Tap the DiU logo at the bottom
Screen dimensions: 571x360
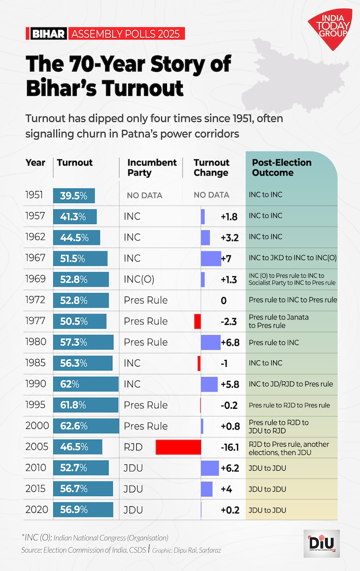click(x=322, y=543)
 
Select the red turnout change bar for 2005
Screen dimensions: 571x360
click(x=178, y=447)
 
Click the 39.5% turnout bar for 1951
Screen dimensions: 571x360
click(x=74, y=195)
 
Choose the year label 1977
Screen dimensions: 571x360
click(x=36, y=321)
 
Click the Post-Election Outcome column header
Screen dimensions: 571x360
click(x=282, y=167)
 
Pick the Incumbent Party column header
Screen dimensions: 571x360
click(x=152, y=167)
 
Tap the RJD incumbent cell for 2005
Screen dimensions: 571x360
click(x=133, y=447)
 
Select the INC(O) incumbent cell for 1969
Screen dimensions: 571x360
click(x=139, y=279)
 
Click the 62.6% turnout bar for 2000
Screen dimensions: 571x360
click(x=86, y=426)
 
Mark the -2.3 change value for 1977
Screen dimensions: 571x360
click(x=228, y=321)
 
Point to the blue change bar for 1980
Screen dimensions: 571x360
click(x=211, y=342)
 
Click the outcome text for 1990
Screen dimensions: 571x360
click(x=291, y=384)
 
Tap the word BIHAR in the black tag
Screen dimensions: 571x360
click(x=48, y=34)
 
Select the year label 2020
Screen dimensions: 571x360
click(x=36, y=510)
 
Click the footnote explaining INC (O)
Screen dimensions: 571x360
click(x=95, y=537)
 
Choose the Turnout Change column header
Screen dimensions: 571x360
click(x=212, y=167)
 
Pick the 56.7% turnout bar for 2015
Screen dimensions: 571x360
click(x=83, y=489)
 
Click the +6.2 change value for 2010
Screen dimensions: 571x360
click(x=229, y=468)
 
